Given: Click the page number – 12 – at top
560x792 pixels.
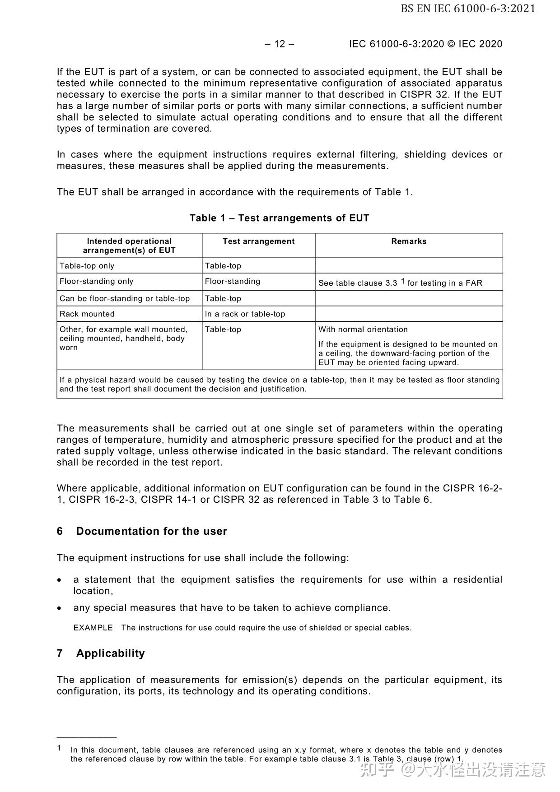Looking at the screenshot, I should pyautogui.click(x=279, y=44).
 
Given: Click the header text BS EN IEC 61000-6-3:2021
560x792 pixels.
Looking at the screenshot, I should pyautogui.click(x=468, y=9).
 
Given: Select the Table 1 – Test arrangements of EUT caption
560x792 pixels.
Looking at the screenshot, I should pyautogui.click(x=279, y=218).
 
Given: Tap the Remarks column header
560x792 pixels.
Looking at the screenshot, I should pyautogui.click(x=409, y=241).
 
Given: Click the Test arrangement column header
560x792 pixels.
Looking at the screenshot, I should pyautogui.click(x=258, y=241).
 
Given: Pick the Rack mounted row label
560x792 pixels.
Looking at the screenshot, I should pyautogui.click(x=87, y=314).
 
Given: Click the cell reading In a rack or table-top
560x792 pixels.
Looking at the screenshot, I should pyautogui.click(x=245, y=314).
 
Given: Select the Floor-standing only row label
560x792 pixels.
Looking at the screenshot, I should pyautogui.click(x=96, y=282).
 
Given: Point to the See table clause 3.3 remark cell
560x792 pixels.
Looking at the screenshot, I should pyautogui.click(x=400, y=283).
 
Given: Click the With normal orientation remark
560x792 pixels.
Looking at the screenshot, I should pyautogui.click(x=363, y=329).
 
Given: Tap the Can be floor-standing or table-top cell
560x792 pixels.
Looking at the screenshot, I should pyautogui.click(x=125, y=299).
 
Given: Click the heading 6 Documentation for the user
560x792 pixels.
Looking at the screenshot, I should pyautogui.click(x=142, y=531).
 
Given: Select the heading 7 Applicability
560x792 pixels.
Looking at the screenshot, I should pyautogui.click(x=101, y=653).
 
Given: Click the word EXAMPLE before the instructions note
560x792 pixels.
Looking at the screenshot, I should pyautogui.click(x=93, y=628).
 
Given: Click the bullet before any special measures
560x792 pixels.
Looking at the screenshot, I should pyautogui.click(x=60, y=608).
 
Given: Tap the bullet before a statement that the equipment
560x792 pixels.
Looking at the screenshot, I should pyautogui.click(x=60, y=580).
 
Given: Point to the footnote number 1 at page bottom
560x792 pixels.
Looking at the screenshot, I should pyautogui.click(x=59, y=748).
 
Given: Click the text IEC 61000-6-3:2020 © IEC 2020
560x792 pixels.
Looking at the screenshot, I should pyautogui.click(x=425, y=44).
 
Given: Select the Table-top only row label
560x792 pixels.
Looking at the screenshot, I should pyautogui.click(x=87, y=266).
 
